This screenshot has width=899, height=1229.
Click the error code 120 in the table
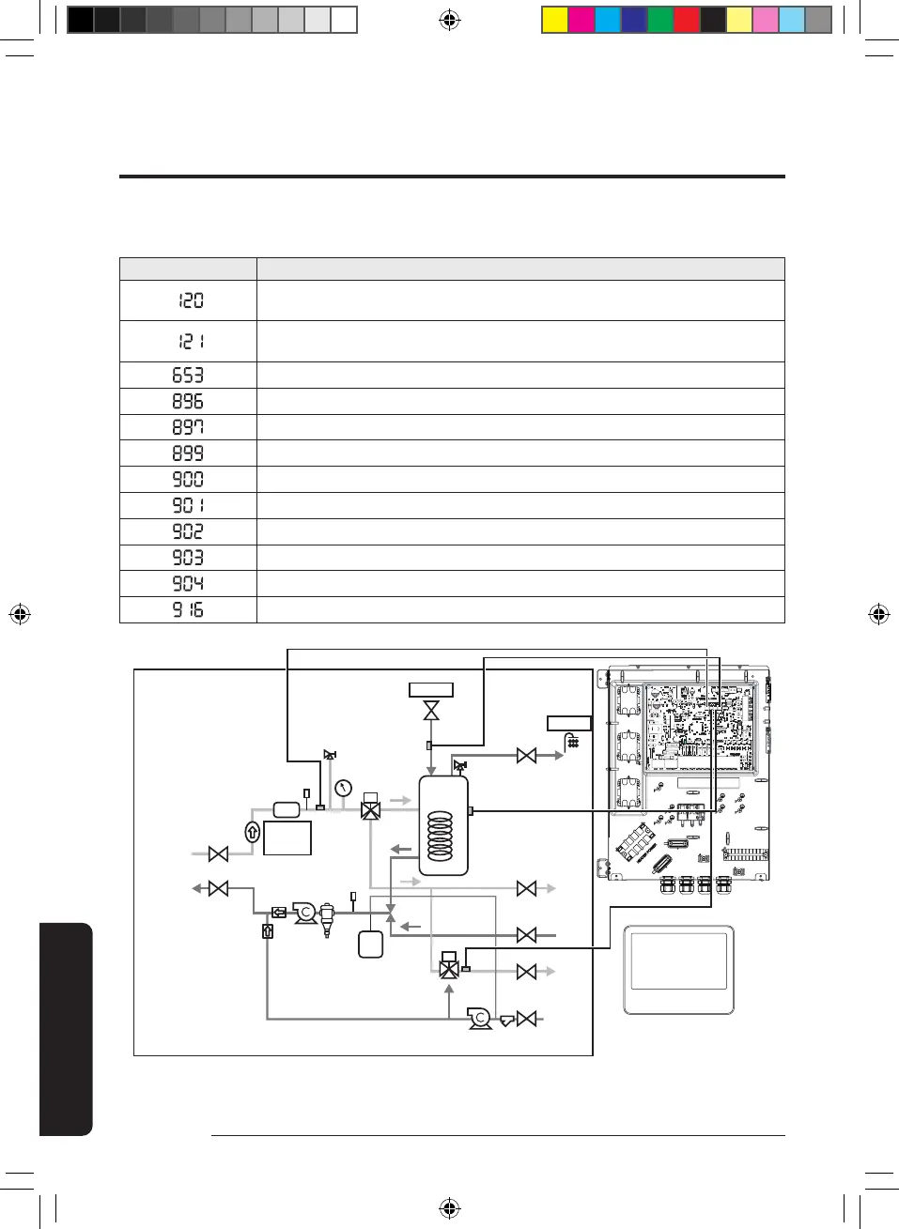pyautogui.click(x=191, y=300)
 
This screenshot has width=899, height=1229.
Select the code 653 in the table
pyautogui.click(x=188, y=376)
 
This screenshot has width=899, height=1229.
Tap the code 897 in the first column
pyautogui.click(x=188, y=427)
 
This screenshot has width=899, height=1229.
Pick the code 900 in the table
pyautogui.click(x=188, y=479)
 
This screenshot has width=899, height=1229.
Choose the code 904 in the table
pyautogui.click(x=188, y=583)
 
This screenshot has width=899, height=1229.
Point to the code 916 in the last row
pyautogui.click(x=188, y=609)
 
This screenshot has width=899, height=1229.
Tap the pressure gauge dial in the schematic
pyautogui.click(x=344, y=788)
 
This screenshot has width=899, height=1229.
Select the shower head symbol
pyautogui.click(x=572, y=742)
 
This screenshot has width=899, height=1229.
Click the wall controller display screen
pyautogui.click(x=678, y=960)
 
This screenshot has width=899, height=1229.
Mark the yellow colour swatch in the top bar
pyautogui.click(x=555, y=20)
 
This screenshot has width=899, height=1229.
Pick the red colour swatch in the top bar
pyautogui.click(x=687, y=20)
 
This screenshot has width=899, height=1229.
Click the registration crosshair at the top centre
pyautogui.click(x=450, y=20)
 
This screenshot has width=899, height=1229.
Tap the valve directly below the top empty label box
pyautogui.click(x=431, y=711)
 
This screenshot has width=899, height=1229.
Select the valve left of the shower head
pyautogui.click(x=527, y=755)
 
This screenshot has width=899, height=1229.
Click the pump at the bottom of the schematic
pyautogui.click(x=480, y=1018)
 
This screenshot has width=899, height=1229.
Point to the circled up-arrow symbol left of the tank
pyautogui.click(x=252, y=831)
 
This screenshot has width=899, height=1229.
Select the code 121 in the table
pyautogui.click(x=191, y=342)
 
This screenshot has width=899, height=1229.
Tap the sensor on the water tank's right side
pyautogui.click(x=471, y=811)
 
